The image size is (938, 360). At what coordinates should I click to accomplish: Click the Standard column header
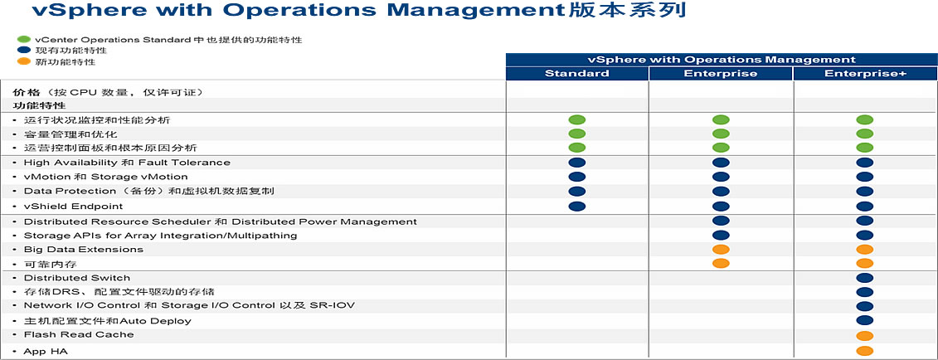576,74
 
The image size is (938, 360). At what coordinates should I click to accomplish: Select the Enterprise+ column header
865,74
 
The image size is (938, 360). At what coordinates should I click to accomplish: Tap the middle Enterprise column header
721,74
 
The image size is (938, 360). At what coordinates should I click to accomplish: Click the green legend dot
24,40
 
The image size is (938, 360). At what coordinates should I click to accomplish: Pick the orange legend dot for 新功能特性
24,61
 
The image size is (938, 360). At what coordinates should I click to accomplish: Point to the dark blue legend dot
24,51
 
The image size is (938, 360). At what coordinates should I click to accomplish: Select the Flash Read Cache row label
78,334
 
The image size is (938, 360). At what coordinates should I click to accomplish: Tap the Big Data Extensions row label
83,250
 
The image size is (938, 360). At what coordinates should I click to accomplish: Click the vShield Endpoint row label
73,207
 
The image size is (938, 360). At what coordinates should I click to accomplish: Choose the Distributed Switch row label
75,278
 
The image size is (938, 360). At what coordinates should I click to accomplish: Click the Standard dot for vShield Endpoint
576,207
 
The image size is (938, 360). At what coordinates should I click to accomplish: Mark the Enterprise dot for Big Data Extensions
721,250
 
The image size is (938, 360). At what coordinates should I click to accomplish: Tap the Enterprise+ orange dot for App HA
865,351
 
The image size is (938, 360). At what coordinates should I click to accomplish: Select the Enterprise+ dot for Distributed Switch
865,278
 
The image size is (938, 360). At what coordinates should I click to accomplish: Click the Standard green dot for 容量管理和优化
576,134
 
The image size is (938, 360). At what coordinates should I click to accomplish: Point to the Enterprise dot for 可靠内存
721,263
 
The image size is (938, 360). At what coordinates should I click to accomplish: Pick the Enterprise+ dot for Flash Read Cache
865,336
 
